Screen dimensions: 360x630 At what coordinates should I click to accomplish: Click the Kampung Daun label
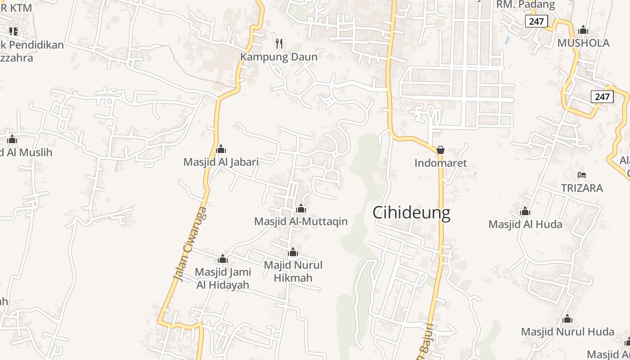pyautogui.click(x=279, y=57)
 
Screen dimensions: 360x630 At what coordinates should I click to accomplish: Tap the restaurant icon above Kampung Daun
pyautogui.click(x=279, y=43)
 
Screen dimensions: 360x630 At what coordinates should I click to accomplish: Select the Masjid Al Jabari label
pyautogui.click(x=221, y=162)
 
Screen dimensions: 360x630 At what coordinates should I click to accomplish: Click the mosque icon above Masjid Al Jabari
pyautogui.click(x=221, y=149)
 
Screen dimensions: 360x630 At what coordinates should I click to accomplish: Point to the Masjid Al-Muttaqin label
pyautogui.click(x=301, y=221)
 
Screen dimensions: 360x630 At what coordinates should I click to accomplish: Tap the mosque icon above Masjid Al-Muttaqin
pyautogui.click(x=301, y=208)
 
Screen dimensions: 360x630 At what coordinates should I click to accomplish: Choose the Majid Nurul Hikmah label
pyautogui.click(x=293, y=271)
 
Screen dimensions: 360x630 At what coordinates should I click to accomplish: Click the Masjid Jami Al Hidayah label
pyautogui.click(x=223, y=279)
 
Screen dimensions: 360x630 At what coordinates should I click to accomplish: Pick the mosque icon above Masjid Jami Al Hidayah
pyautogui.click(x=223, y=259)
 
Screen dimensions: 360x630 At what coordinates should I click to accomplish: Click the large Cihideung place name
pyautogui.click(x=411, y=212)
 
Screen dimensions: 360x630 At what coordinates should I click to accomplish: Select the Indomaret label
pyautogui.click(x=441, y=163)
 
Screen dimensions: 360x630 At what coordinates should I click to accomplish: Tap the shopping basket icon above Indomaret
pyautogui.click(x=441, y=150)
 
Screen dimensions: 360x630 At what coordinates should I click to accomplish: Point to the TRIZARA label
pyautogui.click(x=582, y=188)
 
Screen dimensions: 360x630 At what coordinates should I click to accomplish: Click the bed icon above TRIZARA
pyautogui.click(x=582, y=175)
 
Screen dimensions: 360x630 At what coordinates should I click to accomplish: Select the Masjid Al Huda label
pyautogui.click(x=525, y=224)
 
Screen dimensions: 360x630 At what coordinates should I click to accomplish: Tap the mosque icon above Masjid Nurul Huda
pyautogui.click(x=567, y=319)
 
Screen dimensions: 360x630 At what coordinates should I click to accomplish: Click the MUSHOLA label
pyautogui.click(x=583, y=43)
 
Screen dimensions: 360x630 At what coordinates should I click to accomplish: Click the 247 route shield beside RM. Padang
pyautogui.click(x=536, y=21)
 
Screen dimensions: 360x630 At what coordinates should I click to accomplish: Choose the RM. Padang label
pyautogui.click(x=525, y=5)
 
